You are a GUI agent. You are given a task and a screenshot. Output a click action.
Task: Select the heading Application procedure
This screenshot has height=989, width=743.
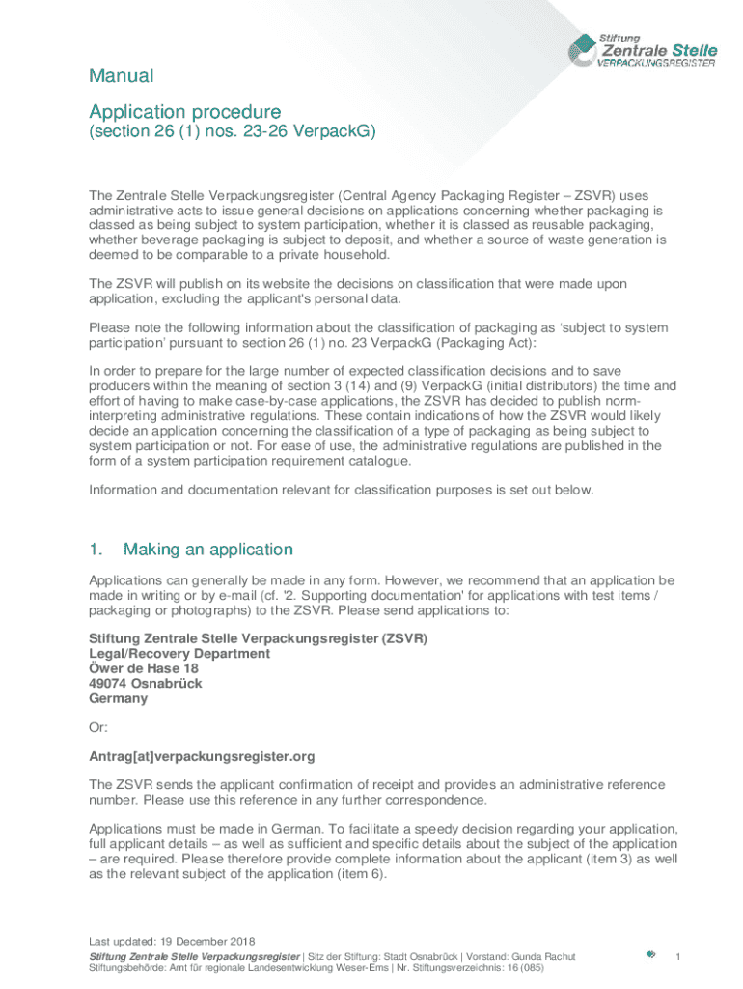tap(184, 112)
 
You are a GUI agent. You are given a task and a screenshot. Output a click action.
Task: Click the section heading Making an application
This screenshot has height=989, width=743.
tap(207, 550)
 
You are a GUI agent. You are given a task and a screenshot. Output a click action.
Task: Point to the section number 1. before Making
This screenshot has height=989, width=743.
tap(96, 550)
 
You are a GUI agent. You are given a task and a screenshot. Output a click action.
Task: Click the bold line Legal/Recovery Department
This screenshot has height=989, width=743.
tap(179, 654)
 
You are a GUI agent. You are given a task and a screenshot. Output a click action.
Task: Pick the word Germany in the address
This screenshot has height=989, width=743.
tap(118, 697)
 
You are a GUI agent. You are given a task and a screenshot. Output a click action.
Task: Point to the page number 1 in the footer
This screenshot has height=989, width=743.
tap(679, 956)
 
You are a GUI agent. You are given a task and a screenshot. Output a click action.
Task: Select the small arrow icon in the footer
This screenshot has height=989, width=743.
tap(651, 955)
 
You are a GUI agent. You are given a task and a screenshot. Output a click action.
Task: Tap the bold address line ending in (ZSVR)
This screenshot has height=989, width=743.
tap(258, 639)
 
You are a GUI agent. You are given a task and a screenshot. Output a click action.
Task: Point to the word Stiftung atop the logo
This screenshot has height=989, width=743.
tap(620, 37)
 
